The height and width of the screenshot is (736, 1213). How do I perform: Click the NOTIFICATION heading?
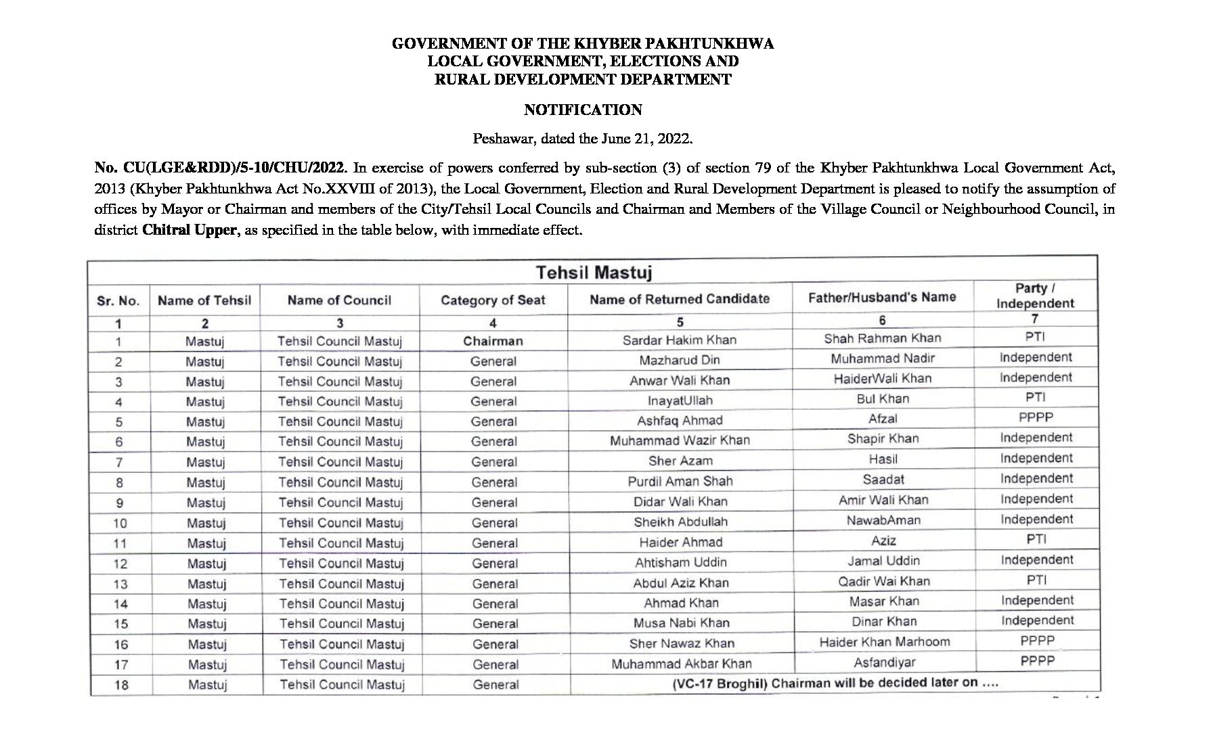pos(583,110)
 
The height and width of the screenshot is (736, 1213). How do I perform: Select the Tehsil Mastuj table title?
pos(594,273)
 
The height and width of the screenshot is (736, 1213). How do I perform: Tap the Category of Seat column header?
pos(493,300)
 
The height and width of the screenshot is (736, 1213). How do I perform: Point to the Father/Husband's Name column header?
pos(882,297)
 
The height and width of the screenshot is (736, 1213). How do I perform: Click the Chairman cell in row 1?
pos(493,341)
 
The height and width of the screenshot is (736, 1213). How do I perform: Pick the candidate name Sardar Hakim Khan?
pos(680,340)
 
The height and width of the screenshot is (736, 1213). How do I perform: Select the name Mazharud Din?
pos(680,360)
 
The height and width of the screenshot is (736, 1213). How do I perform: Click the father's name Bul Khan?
pos(883,398)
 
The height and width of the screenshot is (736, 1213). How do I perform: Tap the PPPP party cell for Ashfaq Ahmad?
pos(1036,417)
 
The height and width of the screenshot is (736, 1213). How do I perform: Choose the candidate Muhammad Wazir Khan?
pos(680,440)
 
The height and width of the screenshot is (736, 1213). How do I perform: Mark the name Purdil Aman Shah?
pos(680,481)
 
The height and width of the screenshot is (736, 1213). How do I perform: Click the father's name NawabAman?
pos(883,520)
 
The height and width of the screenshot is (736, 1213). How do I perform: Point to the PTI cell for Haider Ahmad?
pos(1036,539)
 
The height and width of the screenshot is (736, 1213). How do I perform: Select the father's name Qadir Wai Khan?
pos(884,581)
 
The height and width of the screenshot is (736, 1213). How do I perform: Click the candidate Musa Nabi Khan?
pos(681,623)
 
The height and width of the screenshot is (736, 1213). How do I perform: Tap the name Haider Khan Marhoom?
pos(885,642)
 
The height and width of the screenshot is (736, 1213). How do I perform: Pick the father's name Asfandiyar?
pos(885,662)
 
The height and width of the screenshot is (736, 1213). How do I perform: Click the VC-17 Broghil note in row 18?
pos(835,683)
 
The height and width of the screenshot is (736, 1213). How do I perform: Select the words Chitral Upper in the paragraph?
pos(190,230)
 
